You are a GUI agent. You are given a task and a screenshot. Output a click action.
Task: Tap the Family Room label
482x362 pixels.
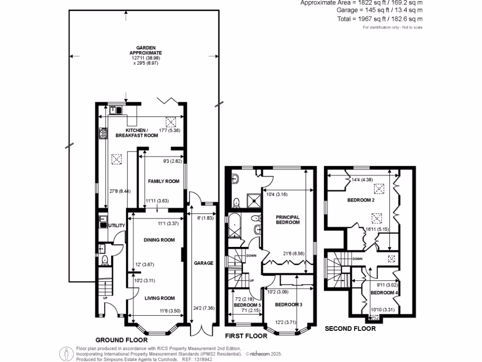[x=164, y=181]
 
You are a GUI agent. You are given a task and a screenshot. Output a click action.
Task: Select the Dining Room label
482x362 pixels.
[x=159, y=240]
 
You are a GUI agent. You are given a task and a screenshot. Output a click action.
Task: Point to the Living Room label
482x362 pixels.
[x=159, y=298]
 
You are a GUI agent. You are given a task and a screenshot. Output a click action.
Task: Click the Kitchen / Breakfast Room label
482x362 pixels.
[x=142, y=132]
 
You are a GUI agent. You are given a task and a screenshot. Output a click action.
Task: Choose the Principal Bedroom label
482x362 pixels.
[x=288, y=220]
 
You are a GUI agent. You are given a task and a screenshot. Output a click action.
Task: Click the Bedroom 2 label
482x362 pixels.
[x=361, y=200]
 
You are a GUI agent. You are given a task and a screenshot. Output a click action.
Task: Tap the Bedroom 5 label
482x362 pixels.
[x=247, y=305]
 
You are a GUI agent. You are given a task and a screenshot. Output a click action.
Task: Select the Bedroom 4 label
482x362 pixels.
[x=384, y=293]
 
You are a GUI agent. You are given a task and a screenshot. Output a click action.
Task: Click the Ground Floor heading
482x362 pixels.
[x=121, y=339]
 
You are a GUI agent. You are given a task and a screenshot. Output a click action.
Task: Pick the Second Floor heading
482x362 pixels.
[x=350, y=329]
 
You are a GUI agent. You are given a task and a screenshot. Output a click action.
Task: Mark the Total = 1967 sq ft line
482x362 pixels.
[x=386, y=19]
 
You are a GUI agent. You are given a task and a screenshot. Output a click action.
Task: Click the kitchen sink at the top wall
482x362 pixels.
[x=115, y=110]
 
